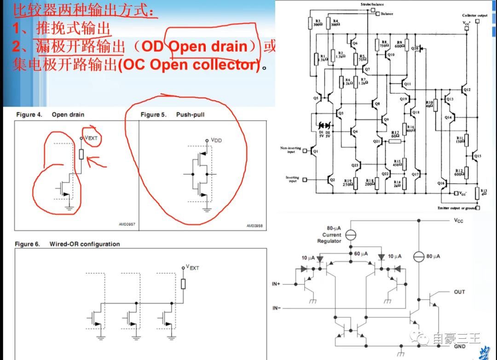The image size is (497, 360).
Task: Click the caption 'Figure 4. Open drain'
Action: (x=50, y=115)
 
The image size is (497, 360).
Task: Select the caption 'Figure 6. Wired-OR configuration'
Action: (x=67, y=244)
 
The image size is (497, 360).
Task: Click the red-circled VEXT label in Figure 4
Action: (x=91, y=137)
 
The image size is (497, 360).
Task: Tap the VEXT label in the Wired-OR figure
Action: (x=192, y=267)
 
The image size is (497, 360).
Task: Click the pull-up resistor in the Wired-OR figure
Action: (x=183, y=283)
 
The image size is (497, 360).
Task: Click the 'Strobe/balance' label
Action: (x=372, y=4)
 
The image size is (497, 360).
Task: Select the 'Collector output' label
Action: (x=474, y=16)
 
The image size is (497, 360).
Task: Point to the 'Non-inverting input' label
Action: (x=290, y=150)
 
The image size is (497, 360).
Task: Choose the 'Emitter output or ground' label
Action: (x=456, y=208)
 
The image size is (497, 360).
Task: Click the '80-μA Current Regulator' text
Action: (x=329, y=235)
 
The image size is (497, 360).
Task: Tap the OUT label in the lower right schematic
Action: (x=459, y=292)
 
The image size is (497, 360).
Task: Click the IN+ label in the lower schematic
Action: (x=276, y=284)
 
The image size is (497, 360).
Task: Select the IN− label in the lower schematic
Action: (x=276, y=308)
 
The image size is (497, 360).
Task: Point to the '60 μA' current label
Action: (x=361, y=254)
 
